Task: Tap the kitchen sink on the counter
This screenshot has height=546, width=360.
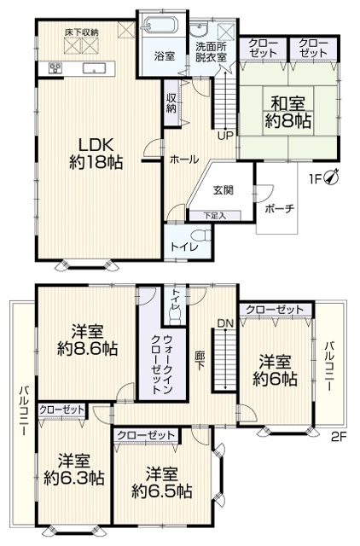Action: click(94, 68)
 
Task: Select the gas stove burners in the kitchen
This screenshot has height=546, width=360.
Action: click(55, 67)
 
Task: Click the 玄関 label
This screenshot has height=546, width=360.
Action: click(224, 190)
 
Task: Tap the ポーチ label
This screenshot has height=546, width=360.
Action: click(280, 209)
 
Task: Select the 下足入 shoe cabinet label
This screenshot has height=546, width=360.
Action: click(215, 216)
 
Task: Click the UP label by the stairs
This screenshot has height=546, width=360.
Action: click(225, 136)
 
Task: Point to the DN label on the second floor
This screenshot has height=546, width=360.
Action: click(225, 323)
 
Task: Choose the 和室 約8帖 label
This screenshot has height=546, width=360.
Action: click(288, 113)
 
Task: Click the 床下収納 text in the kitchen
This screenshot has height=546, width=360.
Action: click(82, 32)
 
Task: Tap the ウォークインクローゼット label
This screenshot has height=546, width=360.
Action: click(161, 364)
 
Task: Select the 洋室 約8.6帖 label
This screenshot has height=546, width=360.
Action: click(87, 340)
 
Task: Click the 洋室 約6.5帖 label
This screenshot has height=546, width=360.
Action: click(161, 483)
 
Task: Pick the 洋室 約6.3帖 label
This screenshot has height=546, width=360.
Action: click(74, 468)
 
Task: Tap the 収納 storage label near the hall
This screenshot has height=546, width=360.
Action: click(171, 102)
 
